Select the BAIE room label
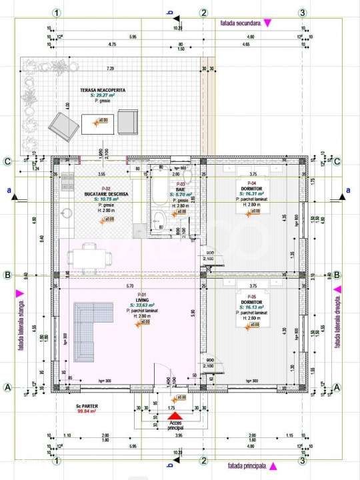180,189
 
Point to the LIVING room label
141,300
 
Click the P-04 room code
252,183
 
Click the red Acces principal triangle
175,416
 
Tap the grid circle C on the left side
7,161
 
